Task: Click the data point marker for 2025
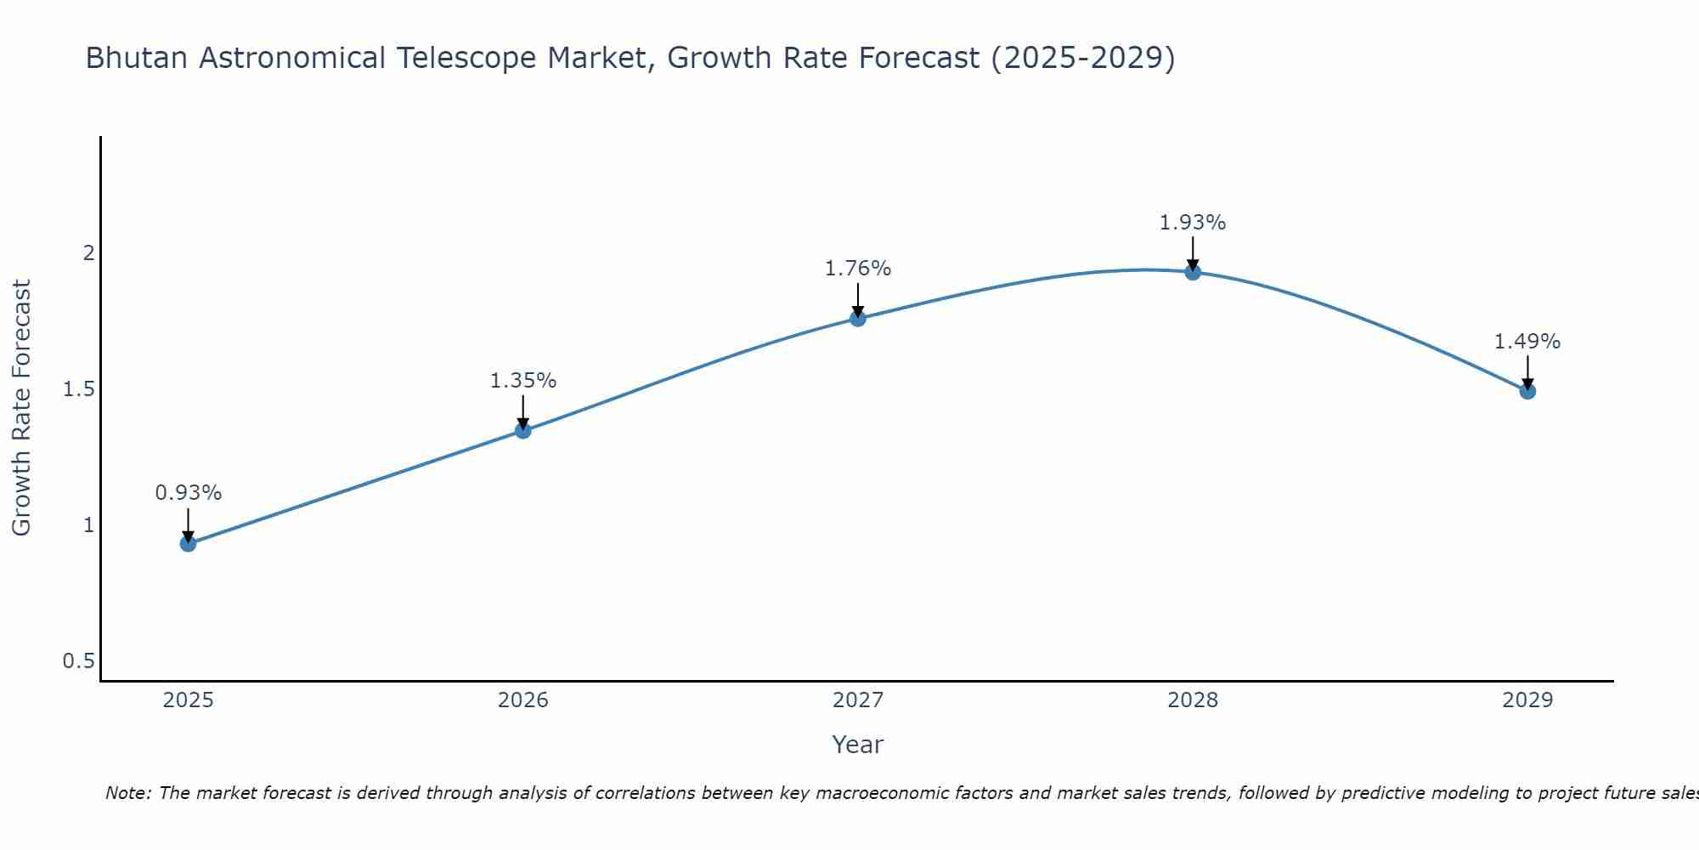click(189, 543)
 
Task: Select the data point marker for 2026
click(523, 430)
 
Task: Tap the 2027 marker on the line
click(858, 318)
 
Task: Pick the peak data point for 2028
click(1193, 272)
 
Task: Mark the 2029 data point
click(1527, 391)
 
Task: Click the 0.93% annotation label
click(189, 493)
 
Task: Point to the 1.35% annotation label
click(523, 381)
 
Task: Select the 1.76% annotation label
click(858, 269)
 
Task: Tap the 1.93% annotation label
click(1193, 223)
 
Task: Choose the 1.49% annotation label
click(1527, 342)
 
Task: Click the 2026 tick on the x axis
click(523, 700)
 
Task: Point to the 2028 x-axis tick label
click(1193, 700)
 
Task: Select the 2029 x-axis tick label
click(1527, 700)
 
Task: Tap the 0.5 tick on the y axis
click(78, 661)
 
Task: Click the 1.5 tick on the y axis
click(78, 389)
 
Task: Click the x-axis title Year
click(858, 745)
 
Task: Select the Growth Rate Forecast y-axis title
click(22, 408)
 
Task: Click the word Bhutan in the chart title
click(138, 58)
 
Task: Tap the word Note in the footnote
click(127, 793)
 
